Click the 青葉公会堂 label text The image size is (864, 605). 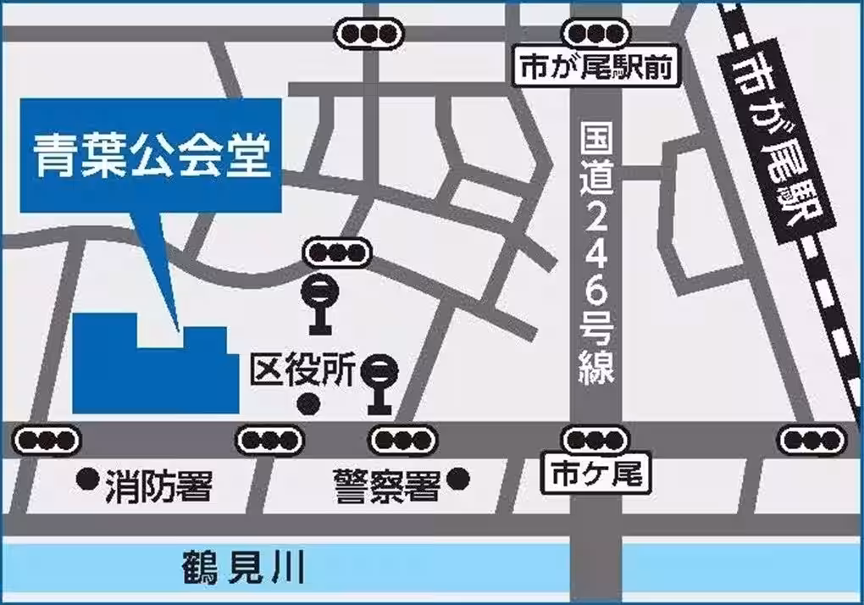click(151, 156)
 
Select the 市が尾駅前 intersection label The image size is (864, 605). click(597, 67)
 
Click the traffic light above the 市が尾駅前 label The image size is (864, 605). click(596, 34)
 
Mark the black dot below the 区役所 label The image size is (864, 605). click(310, 405)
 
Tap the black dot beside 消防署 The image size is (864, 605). click(86, 480)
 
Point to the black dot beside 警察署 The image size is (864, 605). click(458, 480)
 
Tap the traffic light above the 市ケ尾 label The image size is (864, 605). click(596, 440)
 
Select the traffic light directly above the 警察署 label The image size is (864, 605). click(401, 440)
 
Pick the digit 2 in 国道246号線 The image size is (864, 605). click(597, 221)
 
